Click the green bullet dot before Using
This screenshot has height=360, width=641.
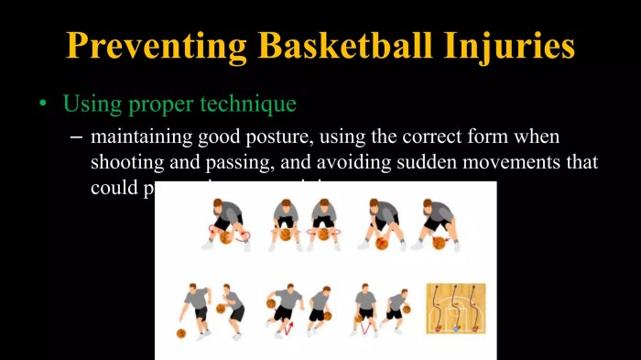42,104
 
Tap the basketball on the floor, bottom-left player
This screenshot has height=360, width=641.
181,333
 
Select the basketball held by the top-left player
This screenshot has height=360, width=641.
227,237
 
